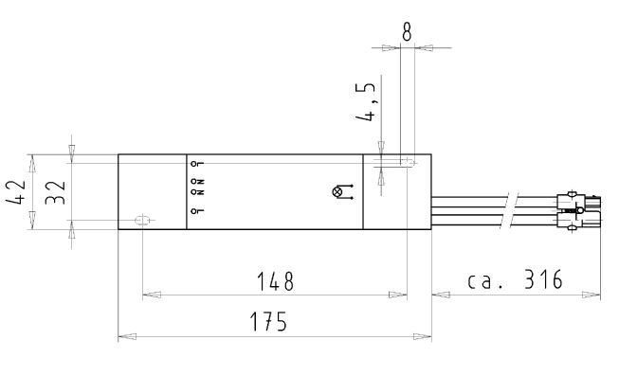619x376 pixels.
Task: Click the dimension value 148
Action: tap(275, 281)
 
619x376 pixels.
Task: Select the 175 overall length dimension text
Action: tap(268, 321)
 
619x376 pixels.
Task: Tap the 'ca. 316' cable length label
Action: tap(515, 279)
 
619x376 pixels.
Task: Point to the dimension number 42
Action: tap(16, 192)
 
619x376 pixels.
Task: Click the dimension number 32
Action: tap(55, 192)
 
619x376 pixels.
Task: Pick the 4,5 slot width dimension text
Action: tap(365, 101)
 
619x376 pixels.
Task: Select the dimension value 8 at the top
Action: tap(407, 31)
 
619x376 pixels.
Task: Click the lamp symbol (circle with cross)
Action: tap(337, 192)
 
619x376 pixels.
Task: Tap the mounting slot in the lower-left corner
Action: tap(142, 220)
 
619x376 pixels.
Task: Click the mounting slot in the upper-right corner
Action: tap(407, 162)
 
